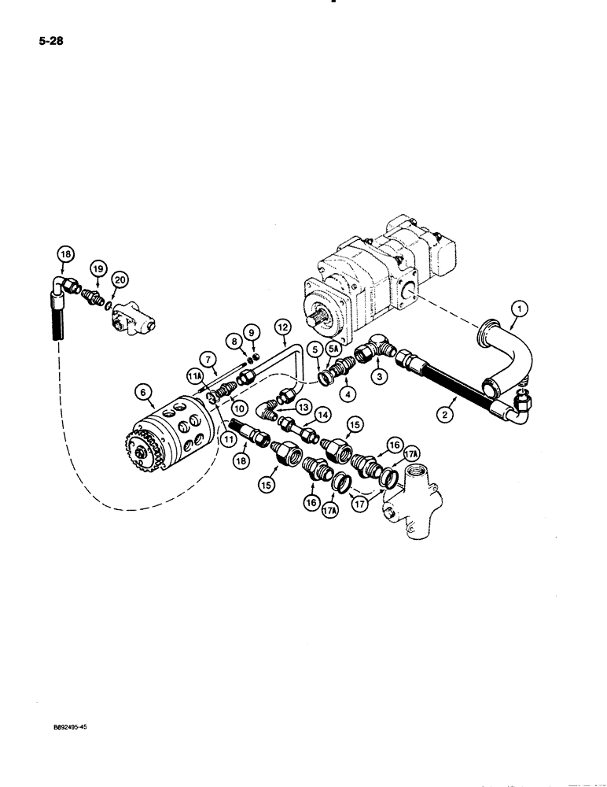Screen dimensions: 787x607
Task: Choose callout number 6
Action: pos(142,390)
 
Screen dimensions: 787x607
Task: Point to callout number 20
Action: pos(119,279)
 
